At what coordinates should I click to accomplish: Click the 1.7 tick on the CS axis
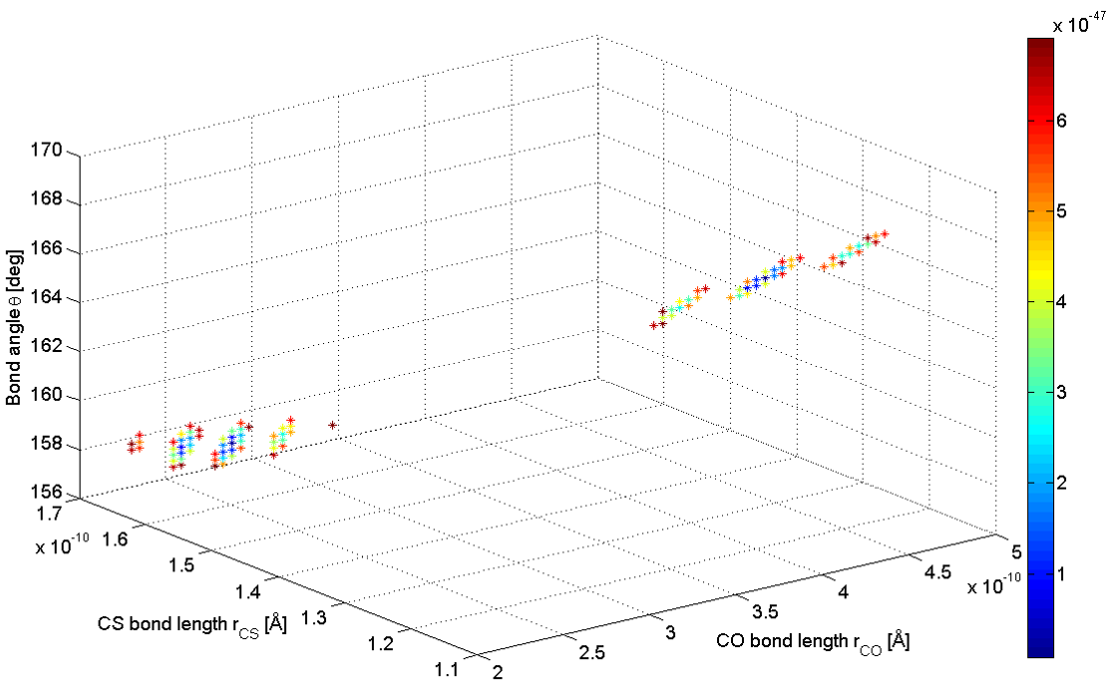point(49,515)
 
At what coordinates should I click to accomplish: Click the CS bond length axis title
point(192,624)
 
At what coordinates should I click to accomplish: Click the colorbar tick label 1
point(1062,573)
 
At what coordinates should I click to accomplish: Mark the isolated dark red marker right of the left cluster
point(333,426)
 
